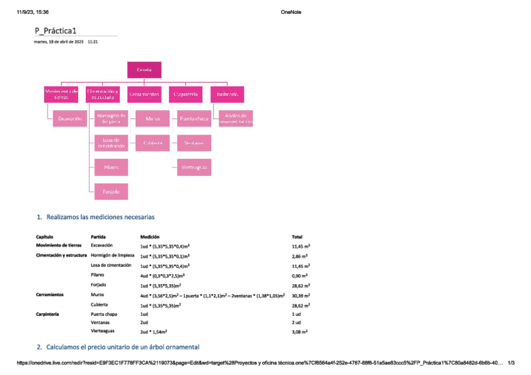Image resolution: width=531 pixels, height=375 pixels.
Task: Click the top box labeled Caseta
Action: [x=144, y=69]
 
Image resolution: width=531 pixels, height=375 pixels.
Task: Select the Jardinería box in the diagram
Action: [x=227, y=94]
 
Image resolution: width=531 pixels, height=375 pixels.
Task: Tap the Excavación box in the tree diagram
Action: [x=69, y=118]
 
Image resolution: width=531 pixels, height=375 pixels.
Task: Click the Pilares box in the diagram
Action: [x=111, y=167]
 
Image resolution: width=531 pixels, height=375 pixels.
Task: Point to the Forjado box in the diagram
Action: [x=111, y=191]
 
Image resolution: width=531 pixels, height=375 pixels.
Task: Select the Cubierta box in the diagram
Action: [x=152, y=143]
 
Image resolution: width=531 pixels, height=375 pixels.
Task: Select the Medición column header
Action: [x=150, y=237]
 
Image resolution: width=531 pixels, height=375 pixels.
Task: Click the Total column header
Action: [x=297, y=237]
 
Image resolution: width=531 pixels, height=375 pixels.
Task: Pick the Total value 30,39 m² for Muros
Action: [x=301, y=295]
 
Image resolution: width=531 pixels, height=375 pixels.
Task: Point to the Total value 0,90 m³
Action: [x=300, y=275]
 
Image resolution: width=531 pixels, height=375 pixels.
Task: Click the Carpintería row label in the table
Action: [x=48, y=313]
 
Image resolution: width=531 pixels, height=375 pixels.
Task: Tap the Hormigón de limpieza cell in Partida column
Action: [x=113, y=255]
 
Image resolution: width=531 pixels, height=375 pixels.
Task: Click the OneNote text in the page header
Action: [x=291, y=12]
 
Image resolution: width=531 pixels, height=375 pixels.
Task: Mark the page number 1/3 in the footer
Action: [x=511, y=362]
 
